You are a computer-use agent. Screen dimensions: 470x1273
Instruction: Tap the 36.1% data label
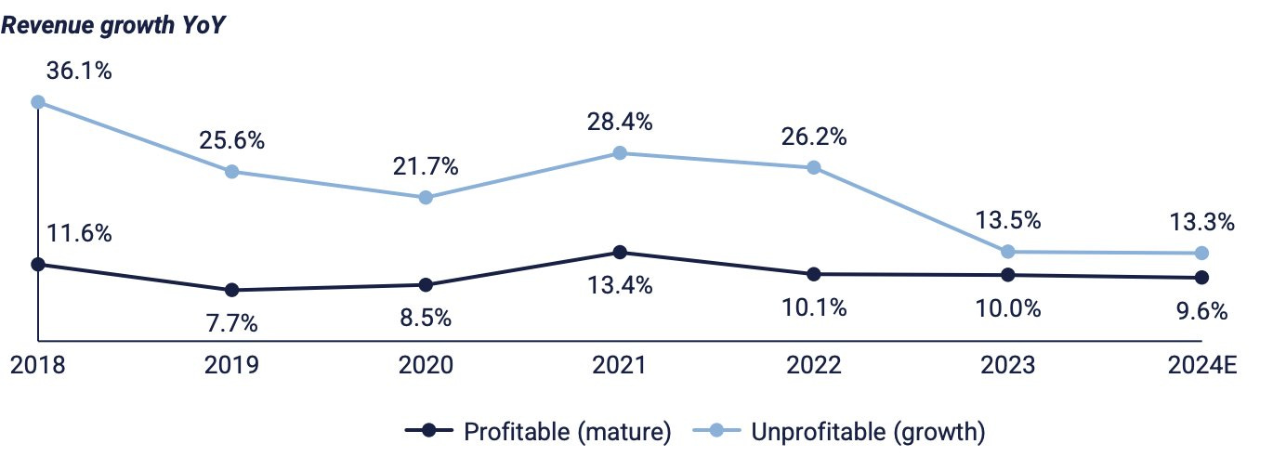78,70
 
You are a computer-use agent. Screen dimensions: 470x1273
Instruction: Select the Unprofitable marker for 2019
232,172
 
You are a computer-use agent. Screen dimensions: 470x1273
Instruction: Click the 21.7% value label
426,167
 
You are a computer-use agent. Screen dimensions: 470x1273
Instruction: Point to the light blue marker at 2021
620,153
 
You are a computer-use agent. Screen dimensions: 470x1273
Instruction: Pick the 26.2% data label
813,137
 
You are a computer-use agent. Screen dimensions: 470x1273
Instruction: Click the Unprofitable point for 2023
1007,252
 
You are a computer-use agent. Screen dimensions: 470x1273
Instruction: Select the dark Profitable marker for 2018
38,265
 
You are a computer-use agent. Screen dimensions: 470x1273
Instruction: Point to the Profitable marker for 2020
426,285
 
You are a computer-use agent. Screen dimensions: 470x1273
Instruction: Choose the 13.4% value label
620,285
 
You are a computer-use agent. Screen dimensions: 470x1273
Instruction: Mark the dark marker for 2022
814,274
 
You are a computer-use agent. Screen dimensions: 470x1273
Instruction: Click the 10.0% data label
1007,308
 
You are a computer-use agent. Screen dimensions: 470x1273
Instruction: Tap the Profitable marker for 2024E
1201,278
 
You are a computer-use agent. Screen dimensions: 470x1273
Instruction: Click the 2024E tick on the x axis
1201,366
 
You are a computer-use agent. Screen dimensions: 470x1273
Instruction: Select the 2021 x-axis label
620,366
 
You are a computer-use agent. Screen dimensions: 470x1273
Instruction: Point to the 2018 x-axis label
38,366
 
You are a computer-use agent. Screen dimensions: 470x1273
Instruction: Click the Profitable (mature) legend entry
538,431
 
